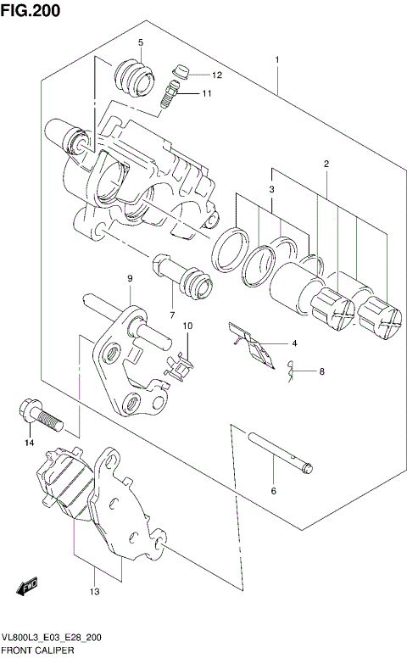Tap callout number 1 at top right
[x=276, y=60]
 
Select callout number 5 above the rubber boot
[x=141, y=42]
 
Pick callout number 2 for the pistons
[x=325, y=163]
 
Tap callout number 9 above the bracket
[x=131, y=279]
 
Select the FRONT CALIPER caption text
[x=38, y=650]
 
